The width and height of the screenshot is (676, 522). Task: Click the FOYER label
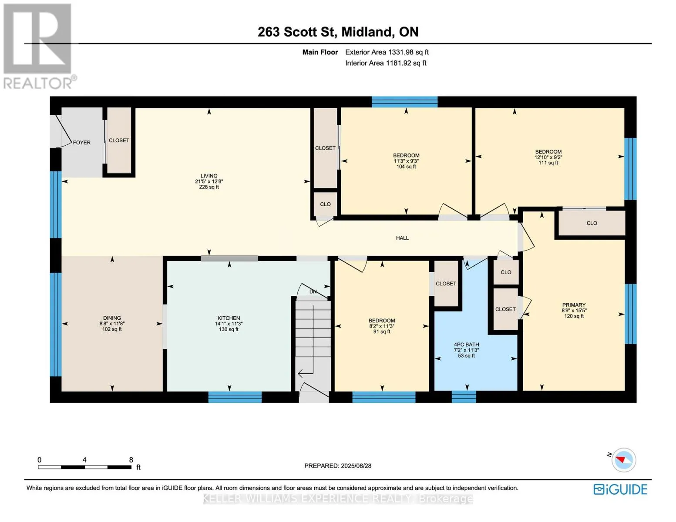click(x=81, y=142)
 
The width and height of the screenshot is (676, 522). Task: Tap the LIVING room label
click(x=209, y=176)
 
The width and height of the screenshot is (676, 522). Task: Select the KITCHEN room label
click(x=229, y=318)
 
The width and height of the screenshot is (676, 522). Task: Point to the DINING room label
click(x=112, y=318)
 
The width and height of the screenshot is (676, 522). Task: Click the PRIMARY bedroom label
click(x=574, y=304)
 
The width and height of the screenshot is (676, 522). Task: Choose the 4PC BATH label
click(x=466, y=345)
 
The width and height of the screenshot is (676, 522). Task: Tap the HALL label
click(x=402, y=238)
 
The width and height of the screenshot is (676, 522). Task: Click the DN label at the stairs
click(x=313, y=291)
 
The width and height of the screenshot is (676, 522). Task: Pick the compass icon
click(x=623, y=460)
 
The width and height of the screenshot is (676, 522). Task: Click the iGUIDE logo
click(x=620, y=489)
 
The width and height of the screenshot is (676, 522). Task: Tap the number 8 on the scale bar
click(x=131, y=459)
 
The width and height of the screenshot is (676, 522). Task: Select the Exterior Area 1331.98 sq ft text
click(x=387, y=52)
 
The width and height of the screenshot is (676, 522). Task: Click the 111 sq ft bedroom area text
click(x=548, y=163)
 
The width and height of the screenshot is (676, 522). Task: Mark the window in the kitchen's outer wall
click(x=235, y=397)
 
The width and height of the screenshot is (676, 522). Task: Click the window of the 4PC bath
click(x=464, y=397)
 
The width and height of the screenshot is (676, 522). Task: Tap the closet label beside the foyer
click(x=119, y=141)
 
